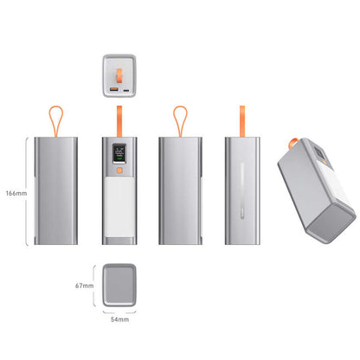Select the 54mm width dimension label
click(119, 319)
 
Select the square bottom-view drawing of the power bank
click(119, 282)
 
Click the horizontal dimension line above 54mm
click(119, 310)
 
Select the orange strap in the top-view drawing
click(119, 64)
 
